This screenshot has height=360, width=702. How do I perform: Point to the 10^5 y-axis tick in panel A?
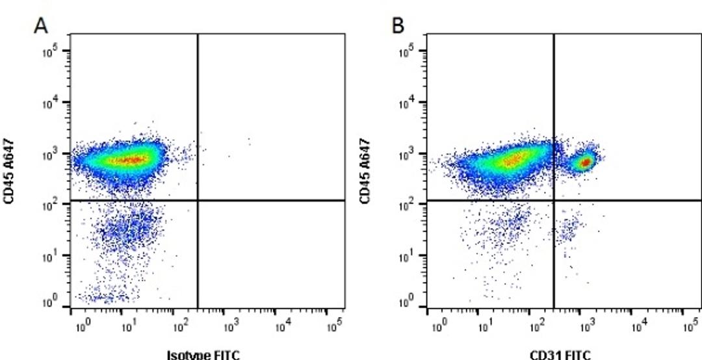pyautogui.click(x=54, y=51)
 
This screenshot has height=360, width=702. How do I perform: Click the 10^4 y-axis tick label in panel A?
pyautogui.click(x=54, y=102)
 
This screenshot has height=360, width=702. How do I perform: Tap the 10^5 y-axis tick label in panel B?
pyautogui.click(x=411, y=51)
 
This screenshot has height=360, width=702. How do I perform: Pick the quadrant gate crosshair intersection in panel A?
pyautogui.click(x=197, y=201)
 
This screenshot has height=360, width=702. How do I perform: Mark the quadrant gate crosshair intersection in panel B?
pyautogui.click(x=554, y=201)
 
